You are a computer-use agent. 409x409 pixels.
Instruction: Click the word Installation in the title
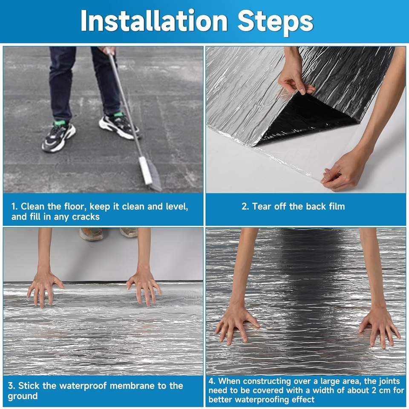tap(154, 20)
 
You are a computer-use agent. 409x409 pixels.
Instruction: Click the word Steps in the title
tap(275, 23)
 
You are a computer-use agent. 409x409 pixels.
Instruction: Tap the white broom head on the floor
tap(146, 170)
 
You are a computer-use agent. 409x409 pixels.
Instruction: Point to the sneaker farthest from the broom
tap(58, 136)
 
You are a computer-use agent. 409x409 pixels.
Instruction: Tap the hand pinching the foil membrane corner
tap(295, 78)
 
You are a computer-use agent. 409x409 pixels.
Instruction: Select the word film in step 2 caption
tap(337, 206)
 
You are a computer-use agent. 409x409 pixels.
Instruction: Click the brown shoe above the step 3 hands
tap(91, 234)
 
